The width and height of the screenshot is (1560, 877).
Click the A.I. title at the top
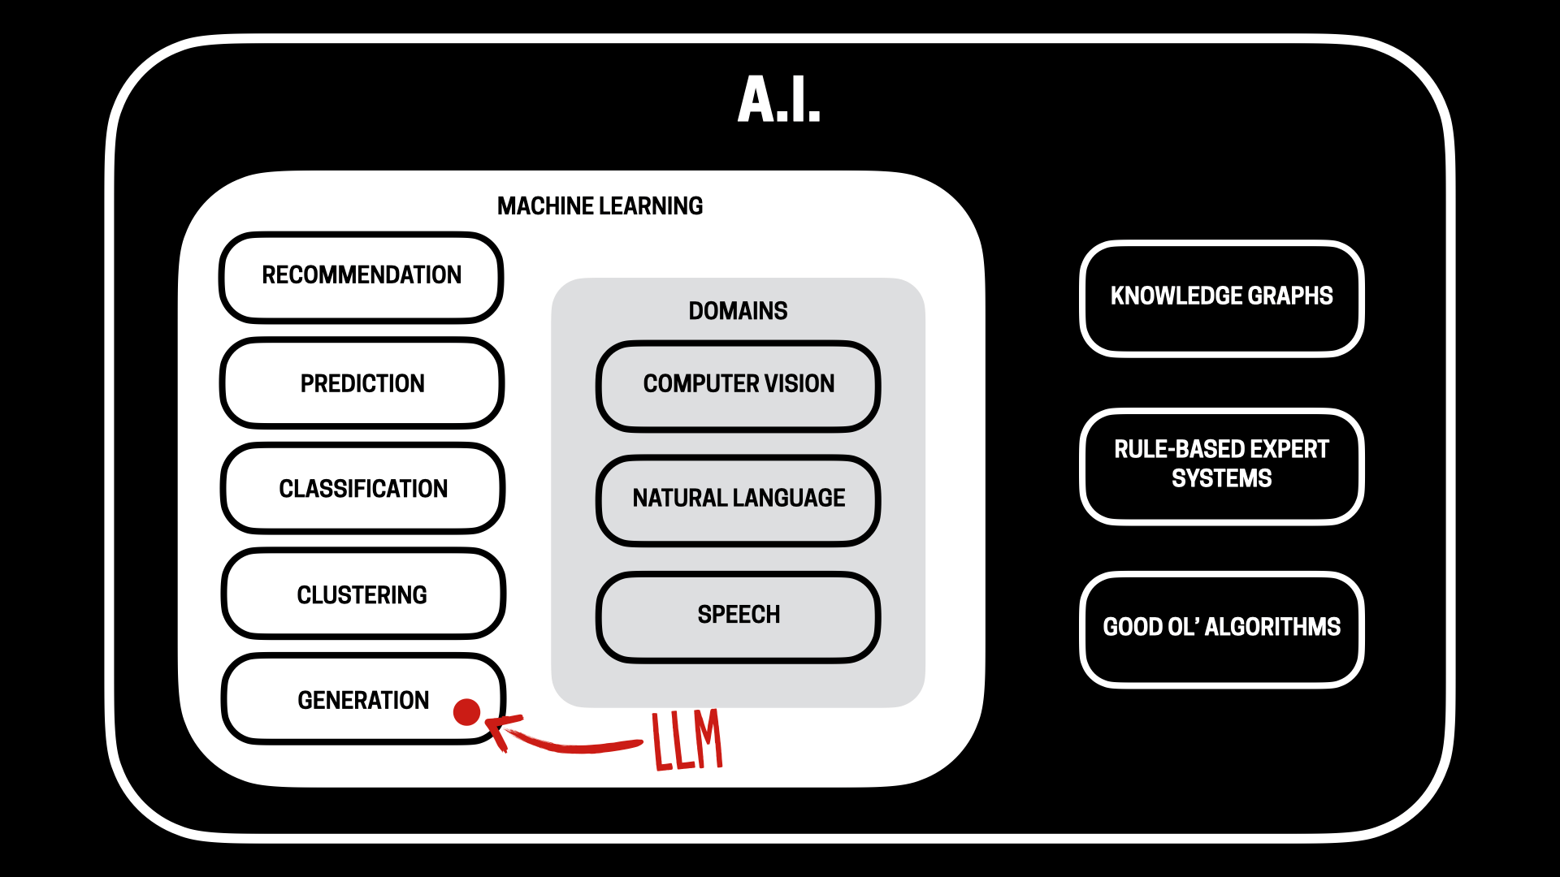coord(779,100)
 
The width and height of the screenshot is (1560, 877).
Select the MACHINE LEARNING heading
coord(600,206)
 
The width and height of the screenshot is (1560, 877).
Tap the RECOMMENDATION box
coord(362,276)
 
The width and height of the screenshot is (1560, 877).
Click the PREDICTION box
coord(362,383)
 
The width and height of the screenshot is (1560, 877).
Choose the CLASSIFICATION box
coord(363,489)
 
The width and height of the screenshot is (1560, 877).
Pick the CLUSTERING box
coord(362,595)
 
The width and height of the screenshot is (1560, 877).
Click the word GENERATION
coord(362,700)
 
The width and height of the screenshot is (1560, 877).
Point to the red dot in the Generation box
coord(466,712)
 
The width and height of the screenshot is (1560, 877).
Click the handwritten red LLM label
coord(687,740)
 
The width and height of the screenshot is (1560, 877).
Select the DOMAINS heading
coord(738,311)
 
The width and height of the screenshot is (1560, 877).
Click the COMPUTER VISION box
coord(739,384)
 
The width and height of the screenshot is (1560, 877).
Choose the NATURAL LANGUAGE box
coord(739,498)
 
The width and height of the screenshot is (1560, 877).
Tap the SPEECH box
coord(739,615)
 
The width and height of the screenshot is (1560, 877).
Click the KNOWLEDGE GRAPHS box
coord(1221,296)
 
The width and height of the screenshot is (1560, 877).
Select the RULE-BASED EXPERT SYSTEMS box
coord(1221,464)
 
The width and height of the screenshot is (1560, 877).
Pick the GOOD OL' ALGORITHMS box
coord(1221,628)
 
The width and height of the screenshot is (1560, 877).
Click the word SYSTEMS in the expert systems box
coord(1221,479)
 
